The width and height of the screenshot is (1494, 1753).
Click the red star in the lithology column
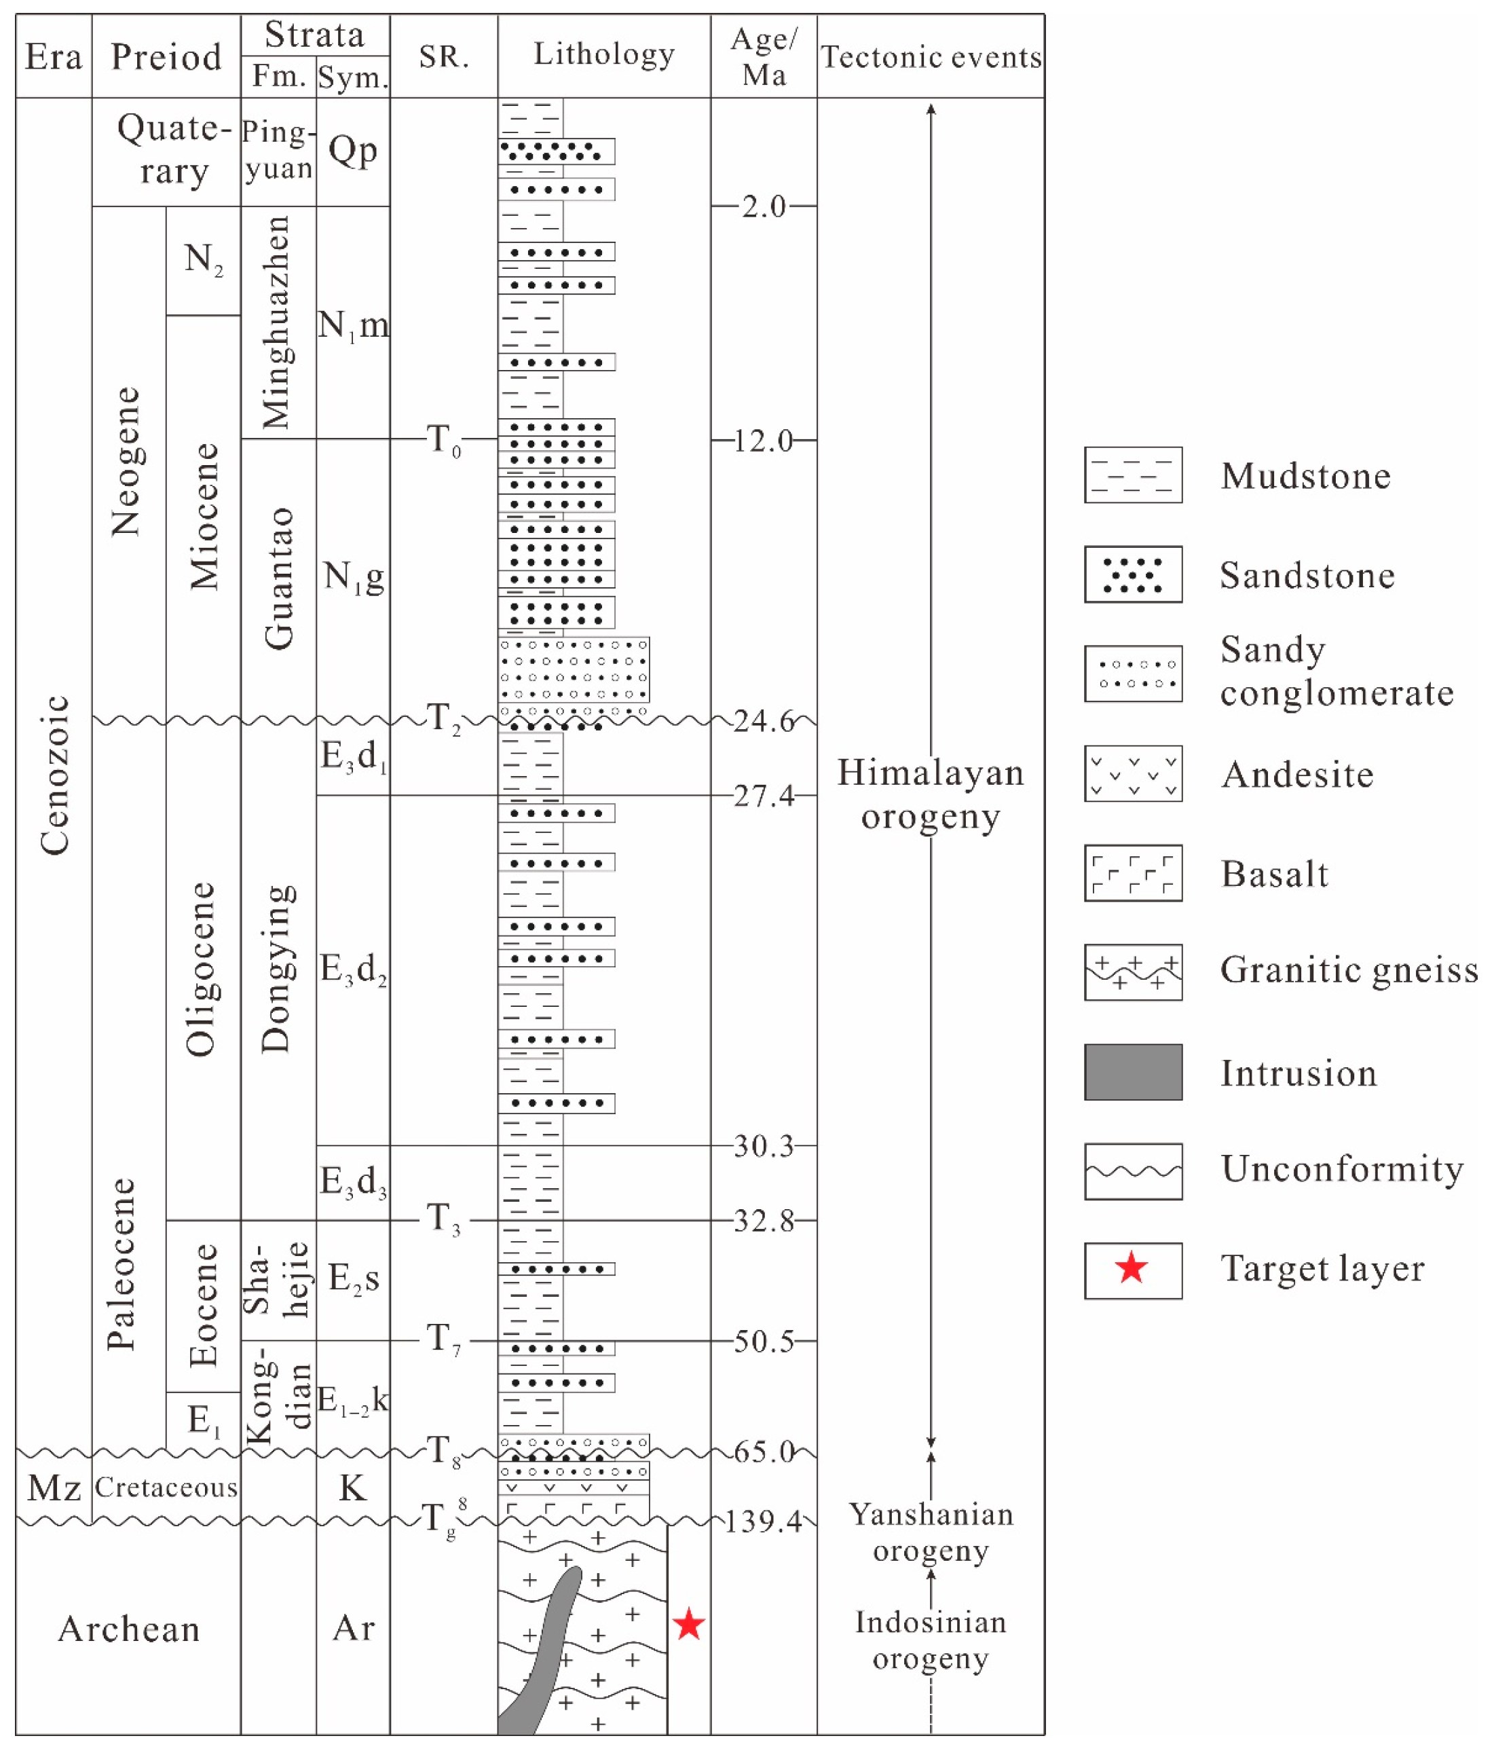tap(689, 1625)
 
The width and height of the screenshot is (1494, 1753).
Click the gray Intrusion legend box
tap(1133, 1072)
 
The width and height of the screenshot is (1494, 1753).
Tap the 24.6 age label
tap(764, 721)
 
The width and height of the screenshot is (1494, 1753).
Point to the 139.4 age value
tap(762, 1521)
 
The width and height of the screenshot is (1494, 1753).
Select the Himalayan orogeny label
tap(931, 794)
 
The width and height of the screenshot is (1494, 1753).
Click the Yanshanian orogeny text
tap(931, 1532)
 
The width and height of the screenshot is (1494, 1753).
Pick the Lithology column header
tap(604, 54)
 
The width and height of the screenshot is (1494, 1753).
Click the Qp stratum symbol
tap(353, 151)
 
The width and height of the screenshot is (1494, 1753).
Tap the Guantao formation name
tap(278, 578)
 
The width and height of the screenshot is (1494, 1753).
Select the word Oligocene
tap(202, 970)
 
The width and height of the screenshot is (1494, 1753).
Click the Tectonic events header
tap(931, 56)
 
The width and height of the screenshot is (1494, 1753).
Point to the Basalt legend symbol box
tap(1133, 873)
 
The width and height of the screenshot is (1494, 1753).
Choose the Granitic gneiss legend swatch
tap(1133, 972)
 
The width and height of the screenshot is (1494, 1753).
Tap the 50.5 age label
tap(764, 1341)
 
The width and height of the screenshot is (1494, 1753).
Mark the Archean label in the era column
tap(128, 1629)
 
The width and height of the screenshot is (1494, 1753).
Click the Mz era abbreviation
tap(54, 1488)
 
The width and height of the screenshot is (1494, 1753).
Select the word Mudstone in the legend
tap(1305, 477)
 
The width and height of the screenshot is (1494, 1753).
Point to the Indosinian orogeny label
tap(931, 1640)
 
